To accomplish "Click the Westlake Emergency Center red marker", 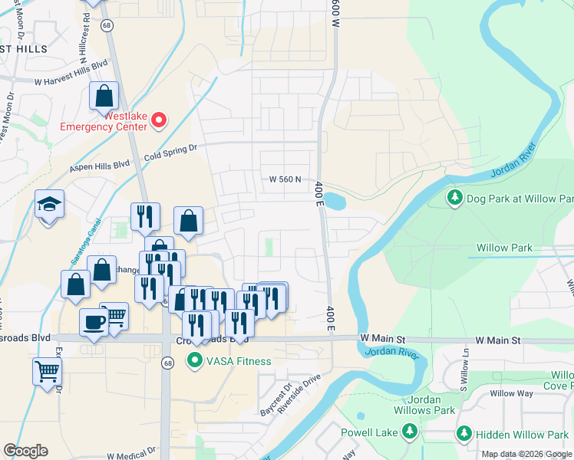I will click(159, 120).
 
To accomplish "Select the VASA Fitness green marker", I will click(196, 361).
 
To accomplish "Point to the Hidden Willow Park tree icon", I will click(463, 433).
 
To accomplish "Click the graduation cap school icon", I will click(49, 205).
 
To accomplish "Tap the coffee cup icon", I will click(94, 322).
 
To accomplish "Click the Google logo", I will click(25, 451).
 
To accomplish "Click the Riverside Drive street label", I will click(299, 394).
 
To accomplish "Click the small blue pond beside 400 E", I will click(335, 202).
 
